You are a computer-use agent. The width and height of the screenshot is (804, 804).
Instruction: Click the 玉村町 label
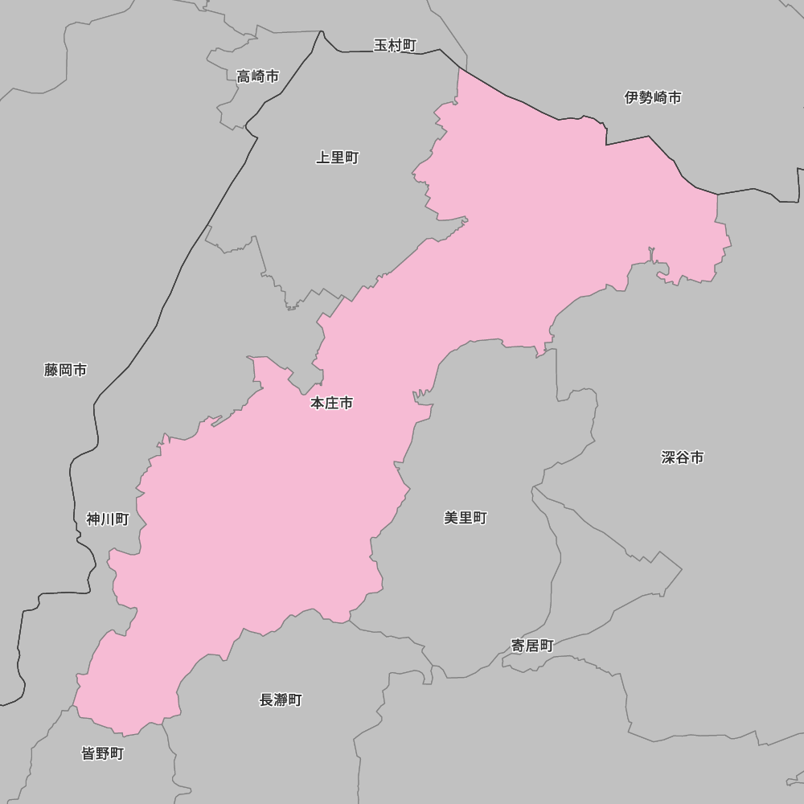[395, 45]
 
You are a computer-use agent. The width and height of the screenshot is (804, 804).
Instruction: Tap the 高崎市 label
[258, 76]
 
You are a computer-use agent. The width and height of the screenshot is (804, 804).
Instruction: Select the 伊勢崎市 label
[653, 97]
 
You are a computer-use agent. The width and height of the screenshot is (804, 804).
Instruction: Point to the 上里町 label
[337, 158]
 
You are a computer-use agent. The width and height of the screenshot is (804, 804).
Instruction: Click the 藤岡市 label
[66, 370]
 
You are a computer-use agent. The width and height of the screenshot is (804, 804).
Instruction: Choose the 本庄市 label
[331, 403]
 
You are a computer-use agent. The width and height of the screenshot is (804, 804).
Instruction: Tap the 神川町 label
[108, 519]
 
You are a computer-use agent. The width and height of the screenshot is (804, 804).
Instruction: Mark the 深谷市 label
[683, 457]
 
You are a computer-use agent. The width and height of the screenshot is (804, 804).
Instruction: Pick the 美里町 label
[466, 518]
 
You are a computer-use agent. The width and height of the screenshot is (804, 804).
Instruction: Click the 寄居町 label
[532, 645]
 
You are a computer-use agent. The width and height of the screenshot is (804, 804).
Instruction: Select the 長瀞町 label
[281, 699]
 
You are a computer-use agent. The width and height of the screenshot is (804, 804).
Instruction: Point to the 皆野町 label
[103, 753]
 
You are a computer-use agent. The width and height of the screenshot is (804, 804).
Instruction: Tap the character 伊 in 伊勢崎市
[632, 97]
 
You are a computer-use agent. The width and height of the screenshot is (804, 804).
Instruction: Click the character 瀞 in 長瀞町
[281, 699]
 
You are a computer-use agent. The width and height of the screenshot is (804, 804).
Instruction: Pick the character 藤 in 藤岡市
[51, 370]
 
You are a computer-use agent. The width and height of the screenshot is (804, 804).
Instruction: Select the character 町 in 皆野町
[117, 753]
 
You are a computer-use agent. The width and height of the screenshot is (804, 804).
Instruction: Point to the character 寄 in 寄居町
[518, 645]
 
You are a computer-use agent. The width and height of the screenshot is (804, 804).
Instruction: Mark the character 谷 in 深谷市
[683, 457]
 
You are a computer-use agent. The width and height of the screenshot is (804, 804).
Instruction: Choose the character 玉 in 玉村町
[381, 45]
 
